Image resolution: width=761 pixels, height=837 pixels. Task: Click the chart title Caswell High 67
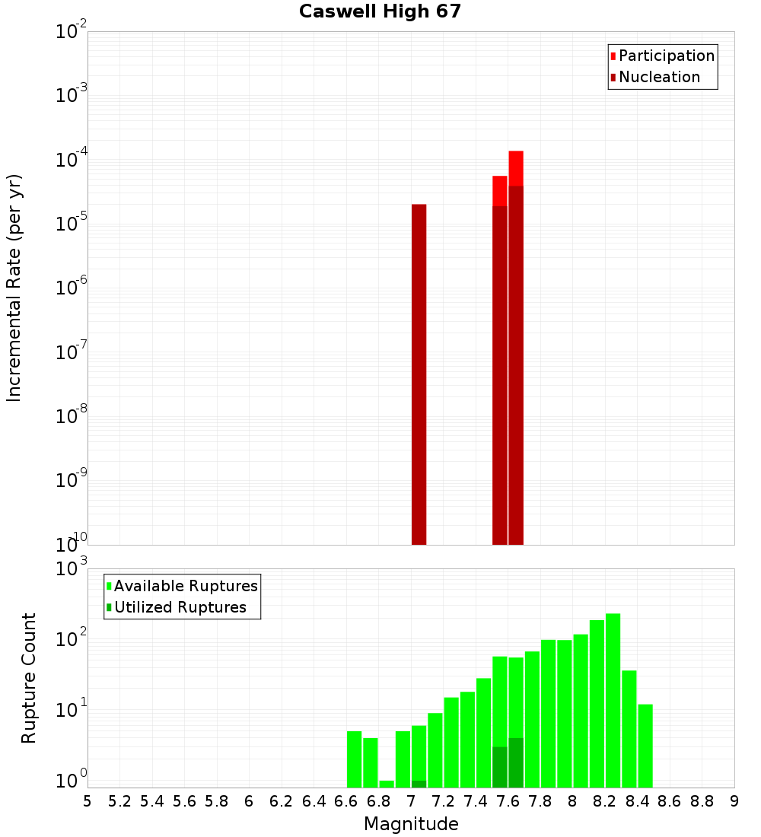(x=380, y=11)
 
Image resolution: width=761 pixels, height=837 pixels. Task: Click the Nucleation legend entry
(x=658, y=77)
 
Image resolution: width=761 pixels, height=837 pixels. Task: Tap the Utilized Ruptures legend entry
(x=180, y=607)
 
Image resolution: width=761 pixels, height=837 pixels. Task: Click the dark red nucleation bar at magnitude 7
(x=419, y=373)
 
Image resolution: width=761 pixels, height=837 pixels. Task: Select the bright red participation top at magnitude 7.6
(x=516, y=167)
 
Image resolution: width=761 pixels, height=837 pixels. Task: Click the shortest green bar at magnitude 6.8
(x=387, y=784)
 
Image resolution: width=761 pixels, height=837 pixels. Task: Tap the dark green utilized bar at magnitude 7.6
(x=516, y=762)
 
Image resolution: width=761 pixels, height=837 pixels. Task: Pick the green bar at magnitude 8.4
(x=645, y=746)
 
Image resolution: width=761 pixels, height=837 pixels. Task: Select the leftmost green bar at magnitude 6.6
(x=354, y=759)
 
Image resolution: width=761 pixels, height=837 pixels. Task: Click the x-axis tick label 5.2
(x=119, y=801)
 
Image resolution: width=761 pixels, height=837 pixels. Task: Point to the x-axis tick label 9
(x=734, y=801)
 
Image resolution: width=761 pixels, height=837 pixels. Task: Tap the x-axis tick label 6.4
(x=314, y=801)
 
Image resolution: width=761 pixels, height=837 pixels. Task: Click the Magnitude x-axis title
(x=411, y=824)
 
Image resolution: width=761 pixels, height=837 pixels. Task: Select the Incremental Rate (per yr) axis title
(x=14, y=288)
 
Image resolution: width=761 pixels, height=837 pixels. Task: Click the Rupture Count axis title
(x=29, y=677)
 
